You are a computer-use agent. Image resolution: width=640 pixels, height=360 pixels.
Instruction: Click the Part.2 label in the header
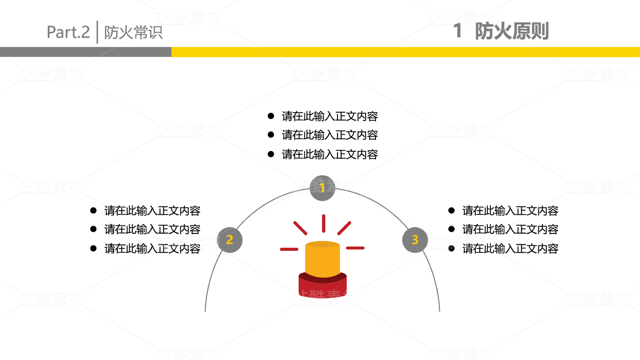point(68,32)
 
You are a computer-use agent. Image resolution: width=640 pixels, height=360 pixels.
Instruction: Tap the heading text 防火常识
point(133,33)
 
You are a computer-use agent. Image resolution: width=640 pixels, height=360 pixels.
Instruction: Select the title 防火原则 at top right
point(511,31)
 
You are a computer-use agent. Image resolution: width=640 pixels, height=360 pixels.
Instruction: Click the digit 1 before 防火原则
point(457,31)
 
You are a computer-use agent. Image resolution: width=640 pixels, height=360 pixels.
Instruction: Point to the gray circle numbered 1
point(322,188)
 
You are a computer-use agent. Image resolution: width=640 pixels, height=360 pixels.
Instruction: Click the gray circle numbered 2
point(229,240)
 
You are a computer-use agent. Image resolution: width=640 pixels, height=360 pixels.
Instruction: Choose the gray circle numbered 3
point(415,240)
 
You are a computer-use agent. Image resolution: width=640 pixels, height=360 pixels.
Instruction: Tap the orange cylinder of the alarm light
point(323,259)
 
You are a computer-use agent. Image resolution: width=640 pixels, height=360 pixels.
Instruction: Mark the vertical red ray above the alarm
point(324,223)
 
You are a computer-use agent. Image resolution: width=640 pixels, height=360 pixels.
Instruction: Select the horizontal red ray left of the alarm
point(289,249)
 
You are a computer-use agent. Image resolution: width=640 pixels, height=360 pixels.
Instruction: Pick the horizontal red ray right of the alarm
point(355,248)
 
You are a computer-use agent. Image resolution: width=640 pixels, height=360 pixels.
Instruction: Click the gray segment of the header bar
point(85,52)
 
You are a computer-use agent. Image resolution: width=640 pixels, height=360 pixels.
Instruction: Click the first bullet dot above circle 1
point(271,116)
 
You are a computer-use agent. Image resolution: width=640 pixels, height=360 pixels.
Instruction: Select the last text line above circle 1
point(330,154)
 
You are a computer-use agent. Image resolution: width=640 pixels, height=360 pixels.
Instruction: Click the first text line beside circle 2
point(152,211)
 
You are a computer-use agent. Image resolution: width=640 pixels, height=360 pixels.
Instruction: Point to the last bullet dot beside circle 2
point(93,248)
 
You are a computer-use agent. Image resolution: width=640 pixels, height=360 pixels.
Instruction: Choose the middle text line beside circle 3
point(510,229)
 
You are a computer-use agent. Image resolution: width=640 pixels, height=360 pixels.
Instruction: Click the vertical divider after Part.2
point(97,32)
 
